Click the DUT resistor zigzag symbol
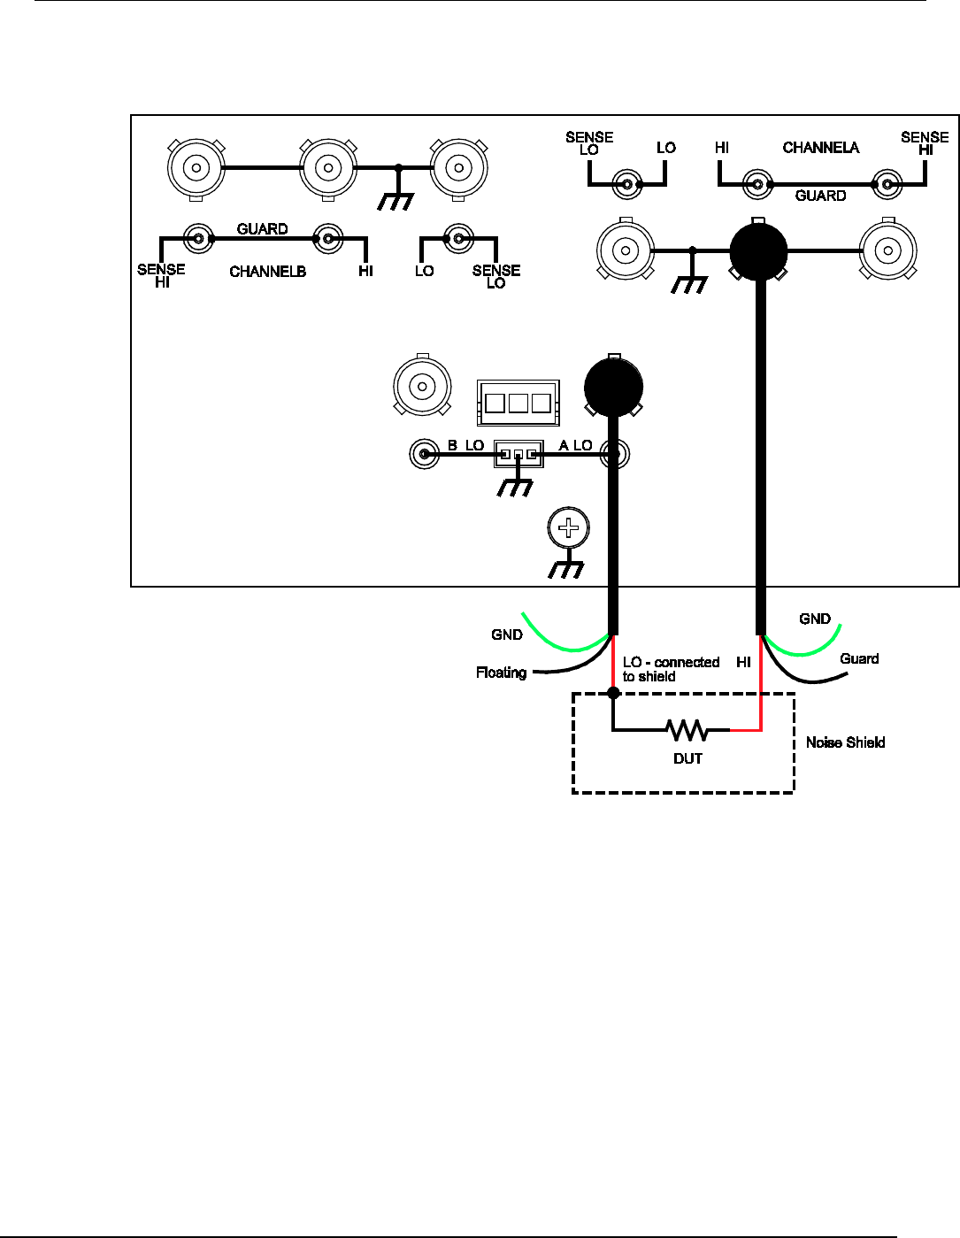(687, 730)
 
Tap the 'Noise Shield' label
(845, 742)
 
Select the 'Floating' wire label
(501, 673)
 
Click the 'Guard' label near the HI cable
(859, 658)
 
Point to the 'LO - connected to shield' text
(671, 669)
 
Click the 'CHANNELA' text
(820, 148)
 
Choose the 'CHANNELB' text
(267, 272)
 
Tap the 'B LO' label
(465, 445)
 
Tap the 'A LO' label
(575, 445)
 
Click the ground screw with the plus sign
(568, 528)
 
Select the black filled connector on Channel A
(758, 251)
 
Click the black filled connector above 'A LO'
(613, 387)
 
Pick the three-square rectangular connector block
(518, 404)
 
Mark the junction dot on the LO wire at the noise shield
(613, 692)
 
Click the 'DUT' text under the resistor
(687, 758)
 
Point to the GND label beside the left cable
(507, 634)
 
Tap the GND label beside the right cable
(815, 619)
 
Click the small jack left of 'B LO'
(424, 454)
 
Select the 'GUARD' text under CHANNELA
(820, 196)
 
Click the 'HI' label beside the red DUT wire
(743, 662)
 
